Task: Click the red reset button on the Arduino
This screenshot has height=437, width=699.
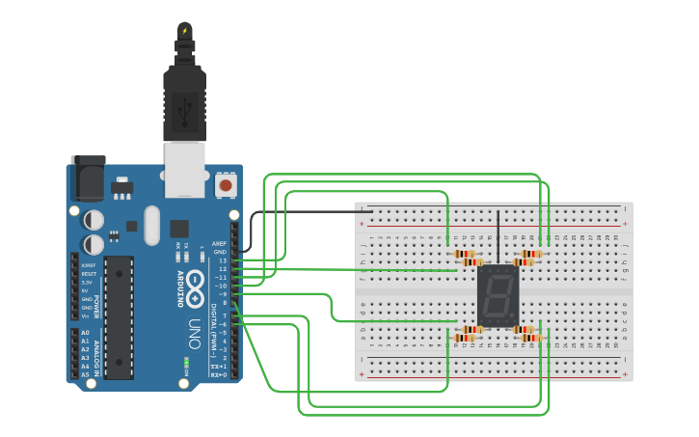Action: [226, 183]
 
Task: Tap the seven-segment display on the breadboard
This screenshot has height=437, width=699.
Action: [497, 295]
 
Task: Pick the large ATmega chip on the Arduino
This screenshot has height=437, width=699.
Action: [119, 317]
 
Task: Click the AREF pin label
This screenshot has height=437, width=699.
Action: [221, 244]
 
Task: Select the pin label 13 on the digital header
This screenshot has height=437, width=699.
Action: [222, 260]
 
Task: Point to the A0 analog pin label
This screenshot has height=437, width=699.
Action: [85, 333]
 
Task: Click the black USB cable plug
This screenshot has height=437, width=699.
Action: [184, 96]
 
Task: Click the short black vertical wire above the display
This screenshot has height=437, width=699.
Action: [497, 236]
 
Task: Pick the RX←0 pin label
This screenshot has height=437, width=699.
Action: [219, 374]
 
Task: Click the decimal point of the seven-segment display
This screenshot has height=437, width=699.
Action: [514, 321]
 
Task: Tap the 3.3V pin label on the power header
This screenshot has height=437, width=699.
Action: [87, 282]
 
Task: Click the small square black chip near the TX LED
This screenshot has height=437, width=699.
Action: [179, 228]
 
